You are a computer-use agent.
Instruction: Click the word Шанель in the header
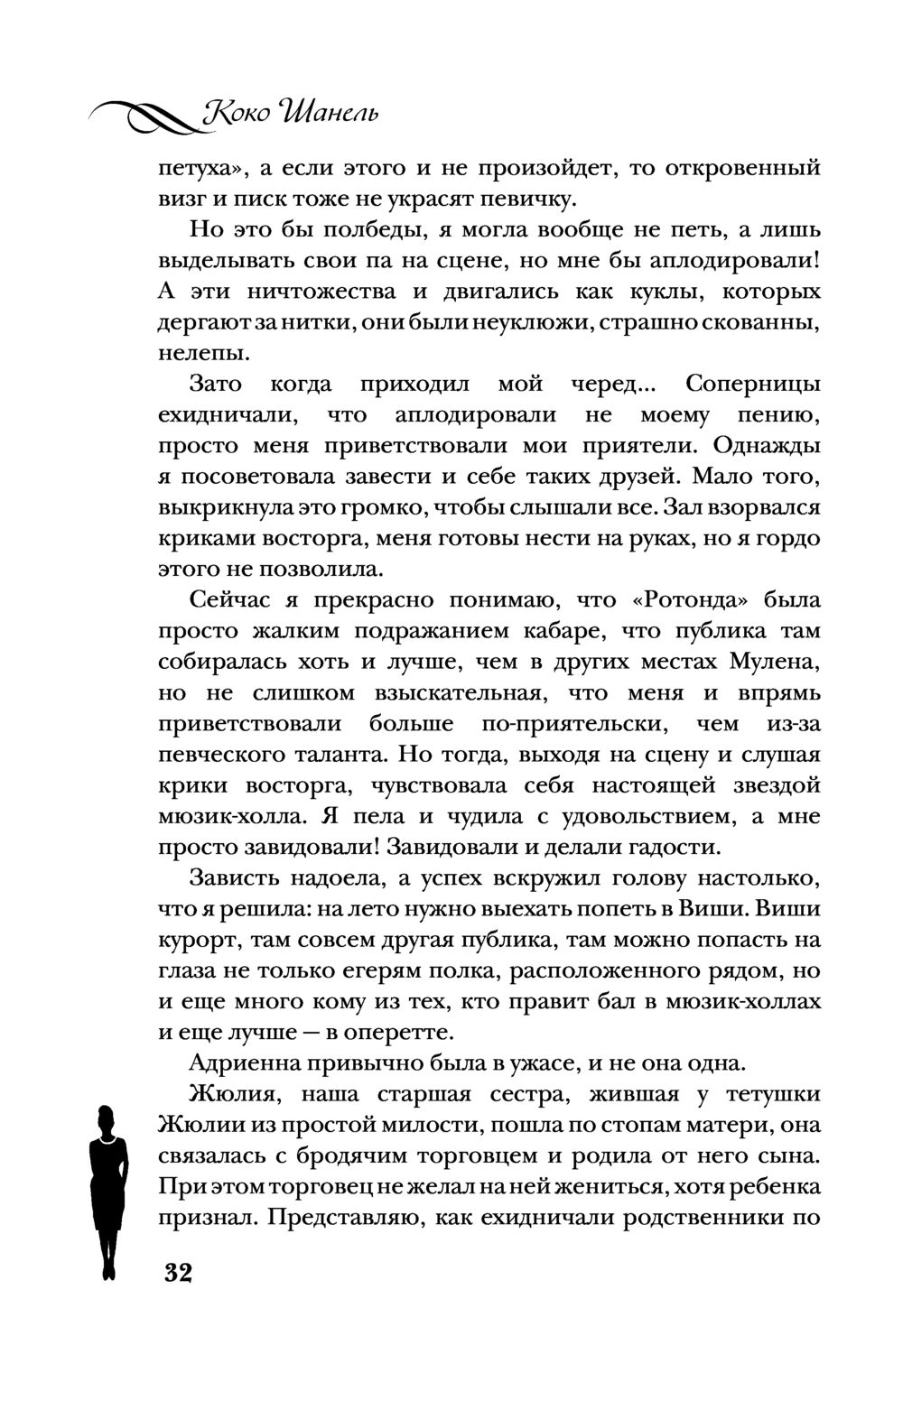tap(330, 115)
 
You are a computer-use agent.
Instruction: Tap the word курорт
tap(197, 940)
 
